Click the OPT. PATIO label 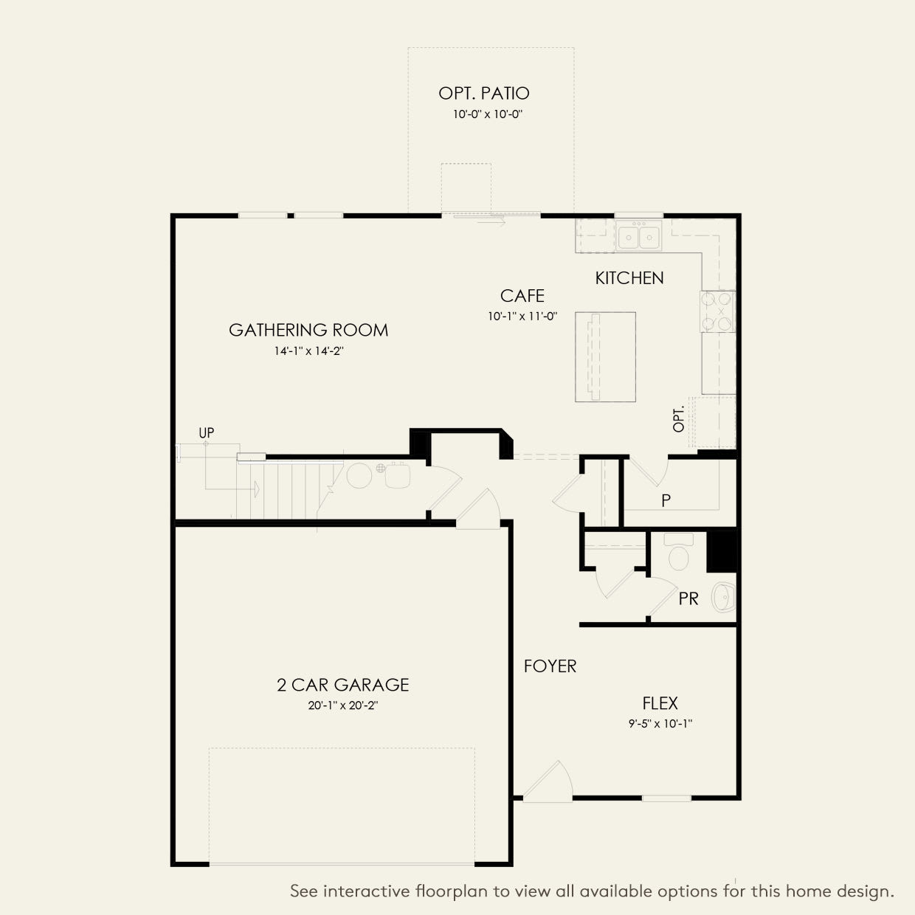tap(484, 93)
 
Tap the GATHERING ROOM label tap(308, 330)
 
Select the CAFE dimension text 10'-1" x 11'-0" tap(522, 317)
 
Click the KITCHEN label tap(629, 278)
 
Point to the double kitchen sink tap(638, 235)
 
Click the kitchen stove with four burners tap(718, 311)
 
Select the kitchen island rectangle tap(605, 357)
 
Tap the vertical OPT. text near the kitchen tap(679, 418)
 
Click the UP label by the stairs tap(207, 432)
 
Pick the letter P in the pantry tap(666, 500)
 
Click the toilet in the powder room tap(678, 552)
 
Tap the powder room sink tap(723, 597)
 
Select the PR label tap(688, 599)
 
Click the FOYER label tap(550, 666)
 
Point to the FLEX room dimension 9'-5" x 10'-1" tap(660, 724)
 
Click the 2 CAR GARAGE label tap(343, 685)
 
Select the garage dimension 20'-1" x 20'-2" tap(343, 705)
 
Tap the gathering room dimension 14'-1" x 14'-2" tap(308, 351)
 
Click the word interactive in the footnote tap(367, 891)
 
